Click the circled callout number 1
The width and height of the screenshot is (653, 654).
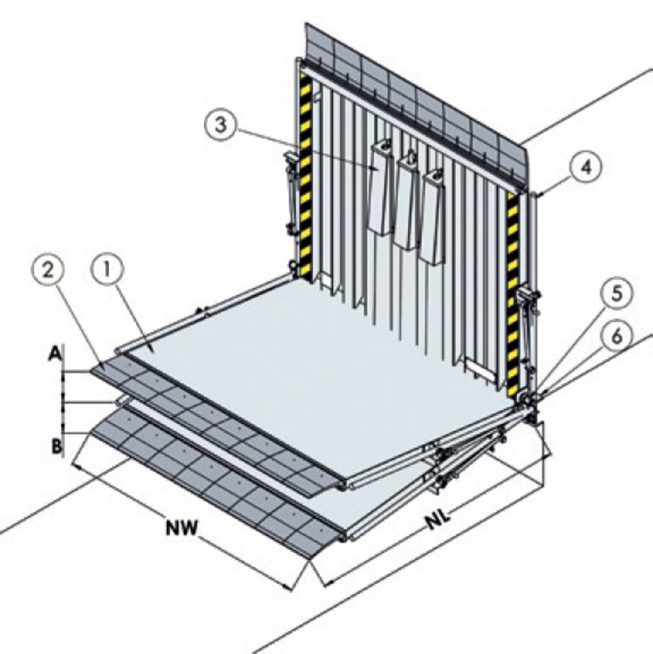tap(107, 269)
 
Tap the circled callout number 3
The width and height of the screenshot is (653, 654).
tap(221, 124)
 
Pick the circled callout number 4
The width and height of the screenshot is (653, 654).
tap(586, 167)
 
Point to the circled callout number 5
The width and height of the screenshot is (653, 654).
tap(616, 293)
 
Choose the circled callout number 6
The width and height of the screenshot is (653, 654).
tap(616, 336)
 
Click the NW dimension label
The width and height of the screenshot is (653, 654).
tap(182, 528)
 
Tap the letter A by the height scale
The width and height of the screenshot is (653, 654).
tap(55, 353)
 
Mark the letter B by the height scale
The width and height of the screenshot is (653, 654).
tap(57, 446)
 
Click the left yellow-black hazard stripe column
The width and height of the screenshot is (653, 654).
tap(306, 174)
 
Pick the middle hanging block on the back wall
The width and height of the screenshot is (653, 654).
tap(407, 200)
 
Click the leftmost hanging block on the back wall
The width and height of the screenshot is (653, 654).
tap(381, 187)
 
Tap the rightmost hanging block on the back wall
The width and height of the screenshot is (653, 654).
tap(433, 216)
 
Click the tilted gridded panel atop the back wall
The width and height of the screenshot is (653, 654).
tap(417, 105)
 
